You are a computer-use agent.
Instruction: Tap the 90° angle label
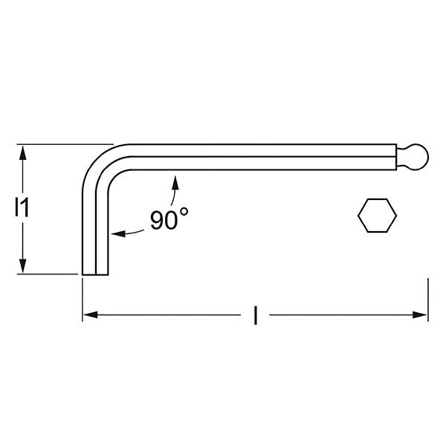[x=169, y=220]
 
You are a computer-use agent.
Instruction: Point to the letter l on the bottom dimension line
[x=255, y=316]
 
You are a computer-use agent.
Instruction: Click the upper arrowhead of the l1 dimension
[x=24, y=151]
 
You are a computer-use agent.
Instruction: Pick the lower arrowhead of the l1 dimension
[x=24, y=268]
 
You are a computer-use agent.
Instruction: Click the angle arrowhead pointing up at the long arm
[x=175, y=179]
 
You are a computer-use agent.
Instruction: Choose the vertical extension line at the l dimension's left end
[x=82, y=301]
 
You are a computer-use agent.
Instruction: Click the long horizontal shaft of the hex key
[x=260, y=157]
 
